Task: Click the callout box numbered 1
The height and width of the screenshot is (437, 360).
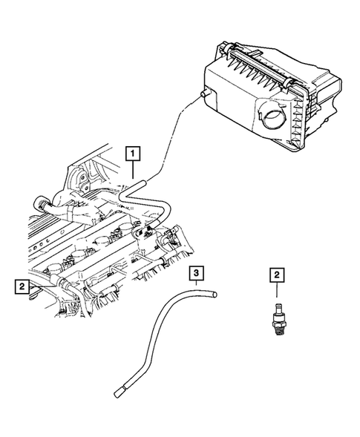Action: pyautogui.click(x=134, y=154)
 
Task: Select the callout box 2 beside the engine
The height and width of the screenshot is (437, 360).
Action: pyautogui.click(x=23, y=284)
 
